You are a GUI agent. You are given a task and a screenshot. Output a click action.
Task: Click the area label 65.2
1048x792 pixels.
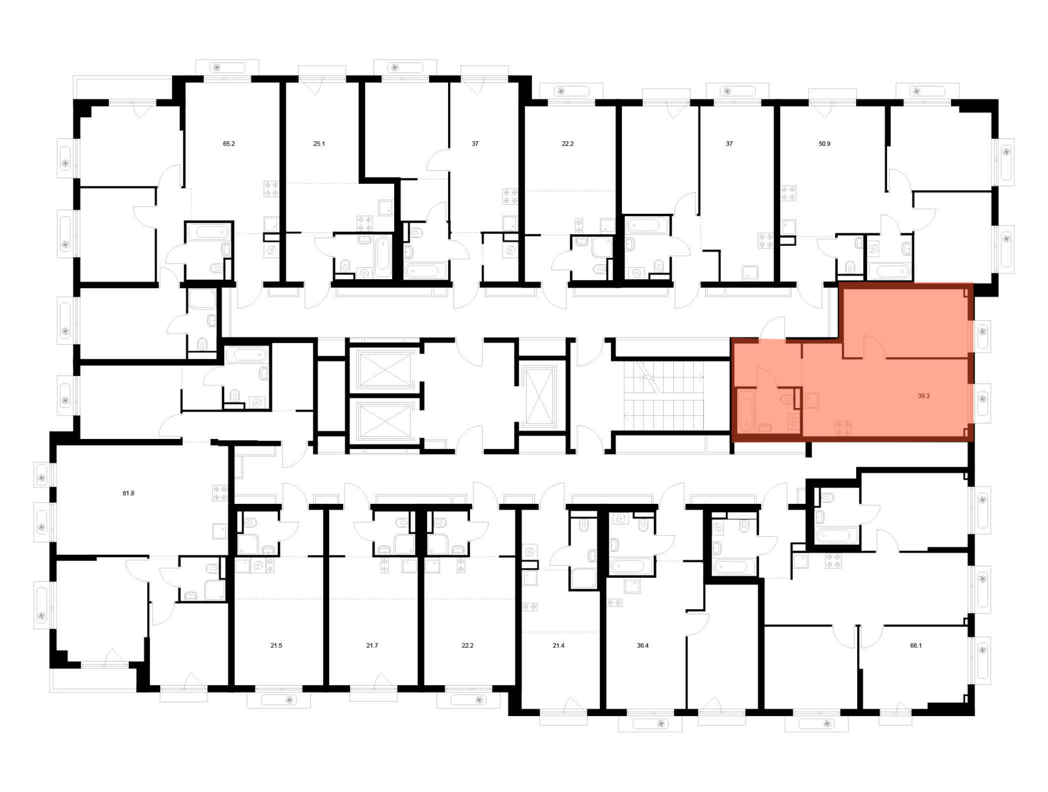(229, 144)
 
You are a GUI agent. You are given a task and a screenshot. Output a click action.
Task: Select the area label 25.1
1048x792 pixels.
(319, 144)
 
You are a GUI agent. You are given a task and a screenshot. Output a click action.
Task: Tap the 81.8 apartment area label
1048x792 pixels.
(128, 493)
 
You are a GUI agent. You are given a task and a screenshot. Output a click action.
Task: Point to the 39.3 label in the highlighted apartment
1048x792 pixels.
(923, 396)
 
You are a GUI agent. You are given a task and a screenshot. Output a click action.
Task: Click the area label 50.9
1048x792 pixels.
(824, 144)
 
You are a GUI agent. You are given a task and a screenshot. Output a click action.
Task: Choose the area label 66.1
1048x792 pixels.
(916, 646)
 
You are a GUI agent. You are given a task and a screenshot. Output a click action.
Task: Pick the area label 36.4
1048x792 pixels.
(643, 646)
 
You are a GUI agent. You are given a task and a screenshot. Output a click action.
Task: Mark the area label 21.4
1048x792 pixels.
(559, 646)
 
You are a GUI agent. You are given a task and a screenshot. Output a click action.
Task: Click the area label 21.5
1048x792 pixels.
(276, 646)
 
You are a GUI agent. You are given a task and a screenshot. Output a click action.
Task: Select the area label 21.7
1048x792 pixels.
(372, 646)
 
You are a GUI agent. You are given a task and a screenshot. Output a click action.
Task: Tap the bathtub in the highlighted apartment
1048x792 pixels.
(746, 411)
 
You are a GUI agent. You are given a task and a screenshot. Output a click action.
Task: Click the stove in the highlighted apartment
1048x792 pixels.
(843, 427)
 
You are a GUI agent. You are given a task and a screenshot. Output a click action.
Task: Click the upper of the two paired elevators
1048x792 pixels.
(384, 370)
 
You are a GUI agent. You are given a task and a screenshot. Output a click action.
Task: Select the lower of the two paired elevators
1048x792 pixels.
(384, 421)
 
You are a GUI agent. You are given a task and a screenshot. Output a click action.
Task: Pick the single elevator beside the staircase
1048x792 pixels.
(539, 395)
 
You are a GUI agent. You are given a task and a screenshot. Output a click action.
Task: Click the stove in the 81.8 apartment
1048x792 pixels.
(220, 493)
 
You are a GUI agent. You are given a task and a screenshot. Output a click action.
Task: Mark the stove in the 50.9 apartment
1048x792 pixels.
(788, 193)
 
